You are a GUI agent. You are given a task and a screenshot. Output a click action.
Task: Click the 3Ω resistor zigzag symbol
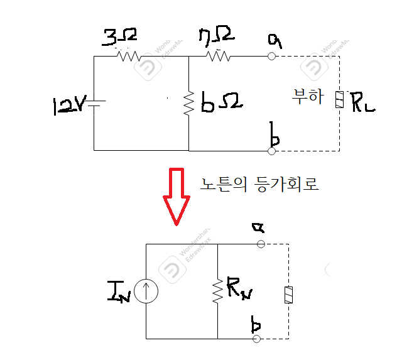click(129, 56)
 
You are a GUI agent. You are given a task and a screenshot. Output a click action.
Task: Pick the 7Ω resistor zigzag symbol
click(218, 56)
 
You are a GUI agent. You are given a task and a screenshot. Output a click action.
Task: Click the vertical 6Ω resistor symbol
click(189, 104)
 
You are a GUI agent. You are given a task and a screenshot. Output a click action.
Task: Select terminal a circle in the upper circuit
click(272, 56)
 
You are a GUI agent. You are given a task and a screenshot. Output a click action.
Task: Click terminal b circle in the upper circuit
click(272, 151)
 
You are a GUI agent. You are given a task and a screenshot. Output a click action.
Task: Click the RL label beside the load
click(362, 101)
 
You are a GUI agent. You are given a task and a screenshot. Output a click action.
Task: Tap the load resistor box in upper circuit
click(339, 100)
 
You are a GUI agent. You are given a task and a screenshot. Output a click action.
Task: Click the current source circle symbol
click(146, 291)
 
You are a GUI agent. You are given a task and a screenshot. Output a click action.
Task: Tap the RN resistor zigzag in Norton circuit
click(217, 290)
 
